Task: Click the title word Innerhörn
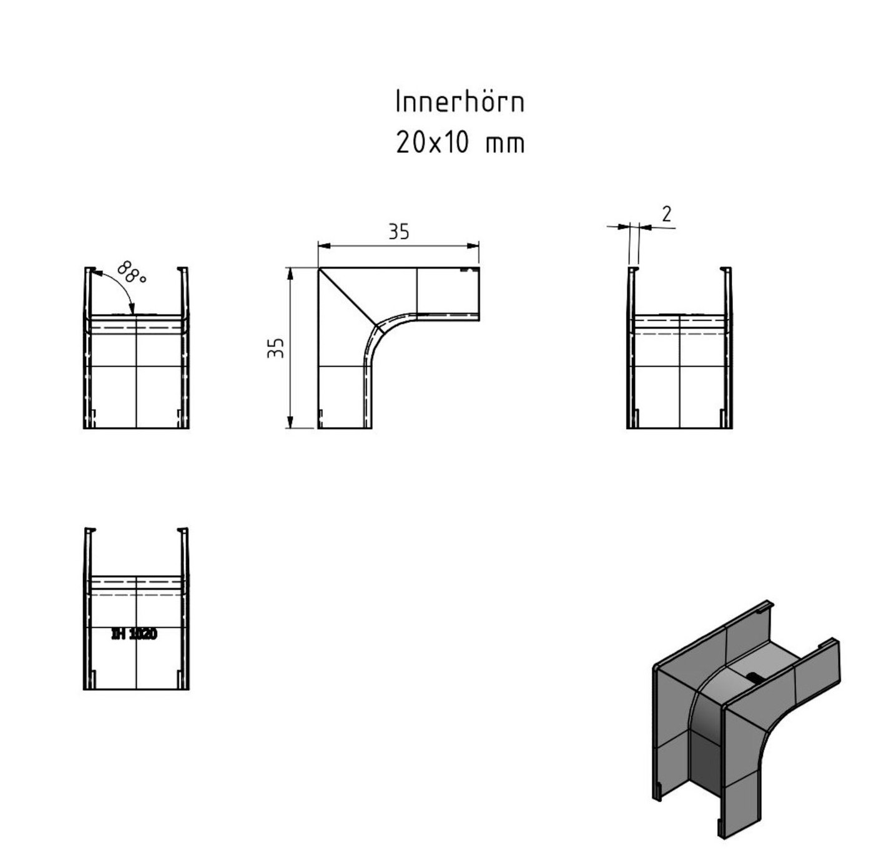point(459,102)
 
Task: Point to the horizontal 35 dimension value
point(398,232)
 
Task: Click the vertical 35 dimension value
point(276,347)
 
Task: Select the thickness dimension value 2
point(666,214)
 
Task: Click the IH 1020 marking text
point(134,634)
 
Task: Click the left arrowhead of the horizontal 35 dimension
point(322,246)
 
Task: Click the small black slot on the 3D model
point(754,677)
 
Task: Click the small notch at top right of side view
point(464,270)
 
